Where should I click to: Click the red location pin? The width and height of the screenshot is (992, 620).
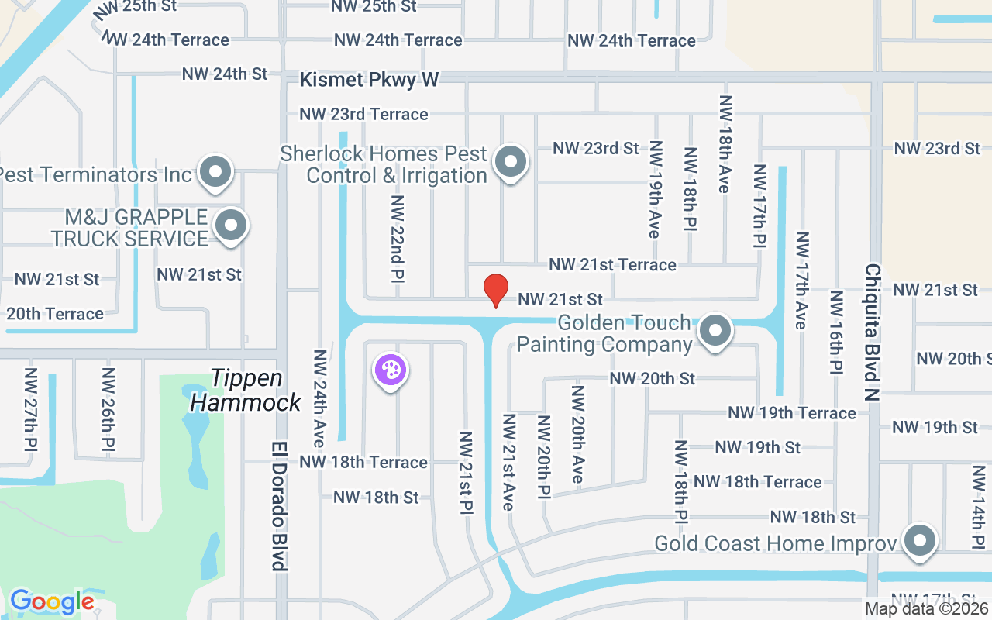coord(496,290)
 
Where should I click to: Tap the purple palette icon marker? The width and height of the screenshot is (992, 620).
coord(391,370)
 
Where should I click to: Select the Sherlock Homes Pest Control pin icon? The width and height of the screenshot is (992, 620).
coord(510,163)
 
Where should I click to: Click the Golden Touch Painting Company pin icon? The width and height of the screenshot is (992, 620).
coord(715,331)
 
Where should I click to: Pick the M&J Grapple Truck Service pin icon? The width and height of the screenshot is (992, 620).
coord(230,226)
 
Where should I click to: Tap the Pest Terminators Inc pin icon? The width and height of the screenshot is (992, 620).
coord(215,172)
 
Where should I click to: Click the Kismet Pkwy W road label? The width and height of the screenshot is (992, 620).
coord(370,79)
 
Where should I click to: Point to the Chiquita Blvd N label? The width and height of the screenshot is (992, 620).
coord(873,332)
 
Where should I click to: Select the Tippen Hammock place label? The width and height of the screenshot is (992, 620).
coord(246,391)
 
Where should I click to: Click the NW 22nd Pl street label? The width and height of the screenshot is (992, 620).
coord(398,239)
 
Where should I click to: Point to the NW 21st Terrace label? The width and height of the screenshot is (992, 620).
coord(612,265)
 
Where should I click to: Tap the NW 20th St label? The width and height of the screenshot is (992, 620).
coord(653,378)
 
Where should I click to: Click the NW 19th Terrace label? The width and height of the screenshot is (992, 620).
coord(791,413)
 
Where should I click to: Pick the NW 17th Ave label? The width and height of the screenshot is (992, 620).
coord(802,280)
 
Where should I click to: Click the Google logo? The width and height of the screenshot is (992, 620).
coord(52,601)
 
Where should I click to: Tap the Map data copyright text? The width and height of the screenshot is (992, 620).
coord(927,609)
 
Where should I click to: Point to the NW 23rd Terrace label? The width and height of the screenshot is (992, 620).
coord(363,114)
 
